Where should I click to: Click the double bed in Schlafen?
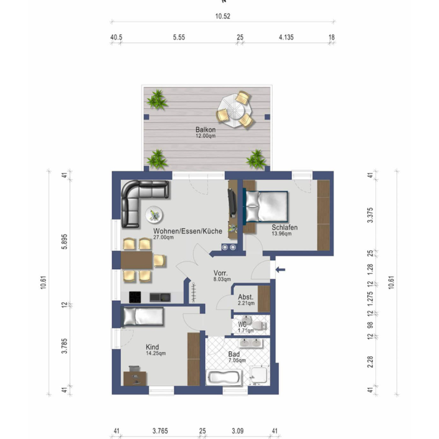[266, 206]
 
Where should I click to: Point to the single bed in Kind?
[143, 317]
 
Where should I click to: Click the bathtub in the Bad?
[223, 378]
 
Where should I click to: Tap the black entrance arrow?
[280, 269]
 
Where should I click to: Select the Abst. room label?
[245, 297]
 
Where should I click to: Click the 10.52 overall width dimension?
[222, 16]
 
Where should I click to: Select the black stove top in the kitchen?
[136, 296]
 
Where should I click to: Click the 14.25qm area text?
[156, 353]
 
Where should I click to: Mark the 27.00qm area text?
[164, 238]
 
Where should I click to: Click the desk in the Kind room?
[135, 378]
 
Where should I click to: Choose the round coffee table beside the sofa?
[154, 215]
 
